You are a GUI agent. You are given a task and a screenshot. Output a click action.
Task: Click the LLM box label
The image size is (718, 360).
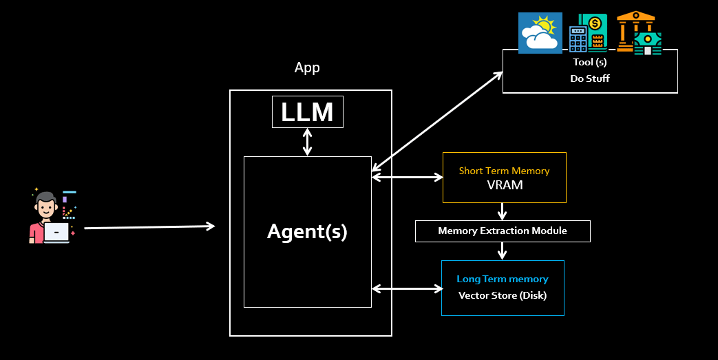coord(307,112)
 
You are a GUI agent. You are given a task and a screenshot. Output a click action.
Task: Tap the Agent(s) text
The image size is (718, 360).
coord(307,232)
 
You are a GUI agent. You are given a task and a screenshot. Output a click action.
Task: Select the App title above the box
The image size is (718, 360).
coord(307,67)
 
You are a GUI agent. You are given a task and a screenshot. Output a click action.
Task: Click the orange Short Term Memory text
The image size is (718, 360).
coord(504,171)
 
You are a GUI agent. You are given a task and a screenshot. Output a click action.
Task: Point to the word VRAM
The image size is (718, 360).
coord(504,185)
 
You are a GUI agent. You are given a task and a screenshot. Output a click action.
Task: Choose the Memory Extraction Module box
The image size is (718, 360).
coord(503,231)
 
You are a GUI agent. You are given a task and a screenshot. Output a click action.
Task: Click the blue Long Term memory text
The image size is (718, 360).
coord(503,279)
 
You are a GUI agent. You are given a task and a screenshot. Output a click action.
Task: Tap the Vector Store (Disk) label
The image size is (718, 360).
coord(503,295)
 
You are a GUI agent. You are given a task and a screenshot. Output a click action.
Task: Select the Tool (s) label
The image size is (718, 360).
coord(590,63)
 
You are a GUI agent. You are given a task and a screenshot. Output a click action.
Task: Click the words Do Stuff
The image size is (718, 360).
coord(590,78)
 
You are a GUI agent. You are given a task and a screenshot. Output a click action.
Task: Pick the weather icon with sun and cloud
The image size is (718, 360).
coord(540,33)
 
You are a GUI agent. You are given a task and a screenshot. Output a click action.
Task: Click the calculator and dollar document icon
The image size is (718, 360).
coord(588,33)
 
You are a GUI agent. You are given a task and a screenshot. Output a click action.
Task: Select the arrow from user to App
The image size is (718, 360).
coord(149,226)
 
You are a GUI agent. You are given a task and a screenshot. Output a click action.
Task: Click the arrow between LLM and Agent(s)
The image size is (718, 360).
coord(307,142)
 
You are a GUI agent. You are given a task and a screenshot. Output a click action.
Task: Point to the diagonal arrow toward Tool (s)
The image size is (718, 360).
coord(438,121)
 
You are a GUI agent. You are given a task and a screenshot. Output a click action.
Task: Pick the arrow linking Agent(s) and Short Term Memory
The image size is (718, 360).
coord(407,178)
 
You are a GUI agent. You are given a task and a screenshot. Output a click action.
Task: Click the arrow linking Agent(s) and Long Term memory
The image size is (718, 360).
coord(406,288)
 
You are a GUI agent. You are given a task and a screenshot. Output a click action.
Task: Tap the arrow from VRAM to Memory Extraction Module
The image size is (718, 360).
coord(503,211)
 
